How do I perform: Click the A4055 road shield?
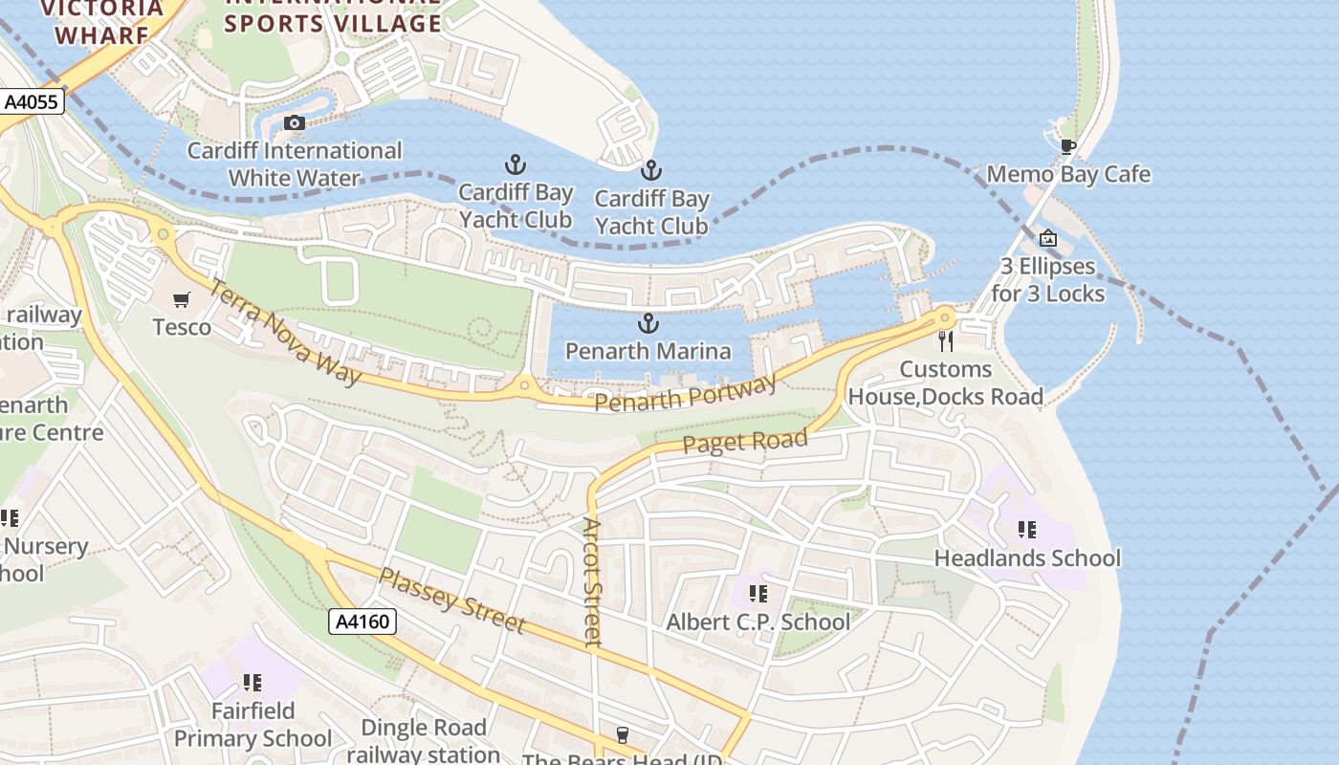pyautogui.click(x=32, y=101)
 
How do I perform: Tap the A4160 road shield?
pyautogui.click(x=363, y=623)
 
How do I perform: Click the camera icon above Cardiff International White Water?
pyautogui.click(x=295, y=122)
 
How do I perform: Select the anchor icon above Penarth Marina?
pyautogui.click(x=648, y=323)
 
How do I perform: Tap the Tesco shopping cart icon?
pyautogui.click(x=182, y=300)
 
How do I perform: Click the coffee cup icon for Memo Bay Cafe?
pyautogui.click(x=1067, y=146)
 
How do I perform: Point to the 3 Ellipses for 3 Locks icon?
pyautogui.click(x=1048, y=238)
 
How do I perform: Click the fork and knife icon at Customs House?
pyautogui.click(x=946, y=341)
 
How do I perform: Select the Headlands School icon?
pyautogui.click(x=1027, y=529)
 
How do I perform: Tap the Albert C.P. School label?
pyautogui.click(x=757, y=622)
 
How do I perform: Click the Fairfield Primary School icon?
pyautogui.click(x=252, y=683)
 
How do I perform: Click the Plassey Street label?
pyautogui.click(x=452, y=601)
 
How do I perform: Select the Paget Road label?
pyautogui.click(x=745, y=442)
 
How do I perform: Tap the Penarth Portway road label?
pyautogui.click(x=685, y=394)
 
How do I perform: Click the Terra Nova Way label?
pyautogui.click(x=285, y=332)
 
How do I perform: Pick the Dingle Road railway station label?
pyautogui.click(x=423, y=741)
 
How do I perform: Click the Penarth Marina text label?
pyautogui.click(x=648, y=351)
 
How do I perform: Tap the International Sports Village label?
pyautogui.click(x=333, y=13)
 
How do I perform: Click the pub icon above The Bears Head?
pyautogui.click(x=623, y=734)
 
